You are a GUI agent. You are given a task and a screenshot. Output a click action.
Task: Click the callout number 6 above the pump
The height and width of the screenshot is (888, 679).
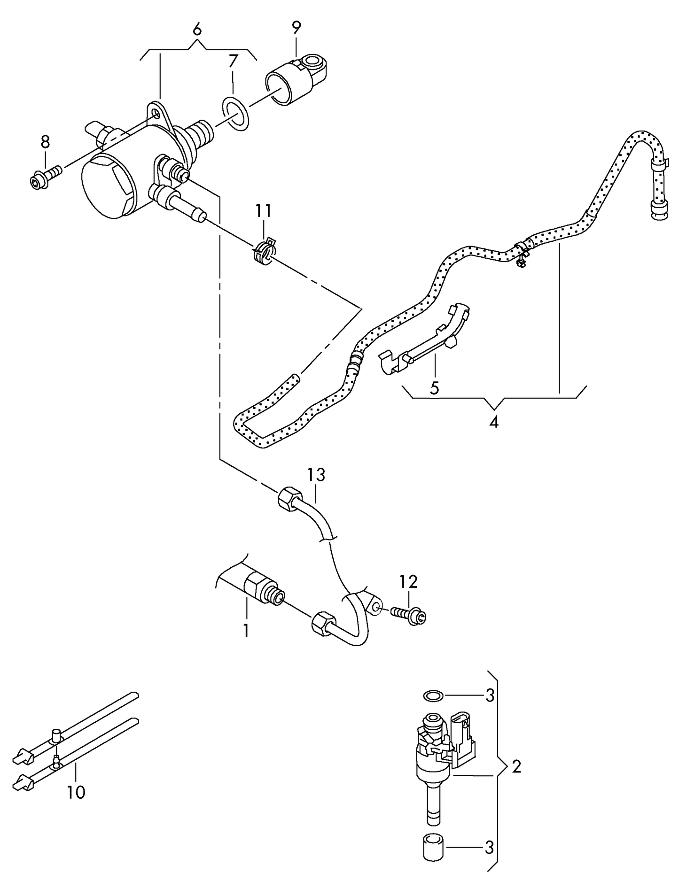[197, 29]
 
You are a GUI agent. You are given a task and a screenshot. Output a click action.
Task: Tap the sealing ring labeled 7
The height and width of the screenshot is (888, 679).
[234, 113]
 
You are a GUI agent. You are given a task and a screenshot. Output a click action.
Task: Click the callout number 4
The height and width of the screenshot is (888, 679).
[493, 422]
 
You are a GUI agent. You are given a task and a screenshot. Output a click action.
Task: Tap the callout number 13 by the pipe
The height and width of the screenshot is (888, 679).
[316, 475]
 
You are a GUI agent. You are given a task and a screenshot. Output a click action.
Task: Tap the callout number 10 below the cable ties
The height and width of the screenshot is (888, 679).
[76, 792]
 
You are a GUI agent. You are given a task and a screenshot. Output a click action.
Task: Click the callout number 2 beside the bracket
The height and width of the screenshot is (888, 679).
[516, 767]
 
